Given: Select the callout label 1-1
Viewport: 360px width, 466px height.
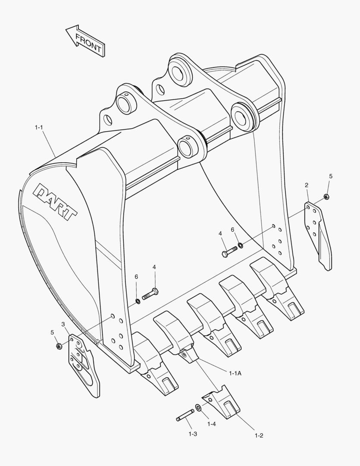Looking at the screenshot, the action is click(x=39, y=127).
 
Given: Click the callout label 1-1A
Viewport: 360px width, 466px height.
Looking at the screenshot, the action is click(x=235, y=373).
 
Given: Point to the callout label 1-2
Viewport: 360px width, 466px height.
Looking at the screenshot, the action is click(x=259, y=435).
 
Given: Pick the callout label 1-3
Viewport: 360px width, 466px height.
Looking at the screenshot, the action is click(x=192, y=434).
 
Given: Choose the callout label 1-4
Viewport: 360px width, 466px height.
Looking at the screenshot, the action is click(x=211, y=424).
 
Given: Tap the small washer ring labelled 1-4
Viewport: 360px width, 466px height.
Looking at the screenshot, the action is click(x=197, y=407).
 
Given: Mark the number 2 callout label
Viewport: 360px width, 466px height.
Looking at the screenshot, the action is click(x=307, y=185).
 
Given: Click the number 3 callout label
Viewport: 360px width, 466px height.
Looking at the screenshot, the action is click(x=63, y=324).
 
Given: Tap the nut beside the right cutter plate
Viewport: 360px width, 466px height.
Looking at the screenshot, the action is click(x=326, y=198).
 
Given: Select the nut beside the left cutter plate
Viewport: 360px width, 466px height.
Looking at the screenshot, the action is click(x=58, y=346).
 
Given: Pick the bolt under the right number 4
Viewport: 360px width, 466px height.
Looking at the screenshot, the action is click(x=229, y=251).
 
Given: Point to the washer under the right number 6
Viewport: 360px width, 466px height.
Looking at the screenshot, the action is click(x=241, y=246).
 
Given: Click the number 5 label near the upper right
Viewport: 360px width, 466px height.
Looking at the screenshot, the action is click(x=331, y=176).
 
